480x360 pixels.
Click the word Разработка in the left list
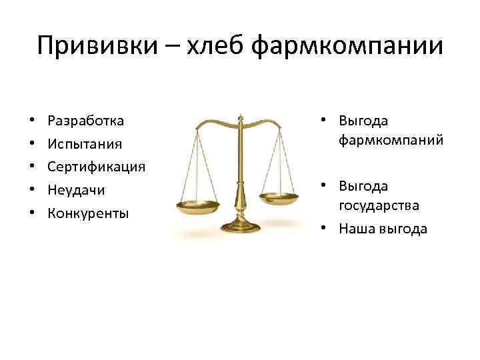tap(86, 121)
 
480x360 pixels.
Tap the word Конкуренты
tap(88, 213)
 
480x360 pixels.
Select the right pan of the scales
tap(281, 198)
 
